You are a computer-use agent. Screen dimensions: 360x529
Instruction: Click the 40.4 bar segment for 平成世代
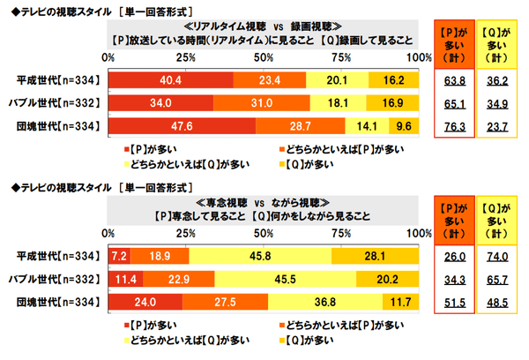[171, 80]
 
